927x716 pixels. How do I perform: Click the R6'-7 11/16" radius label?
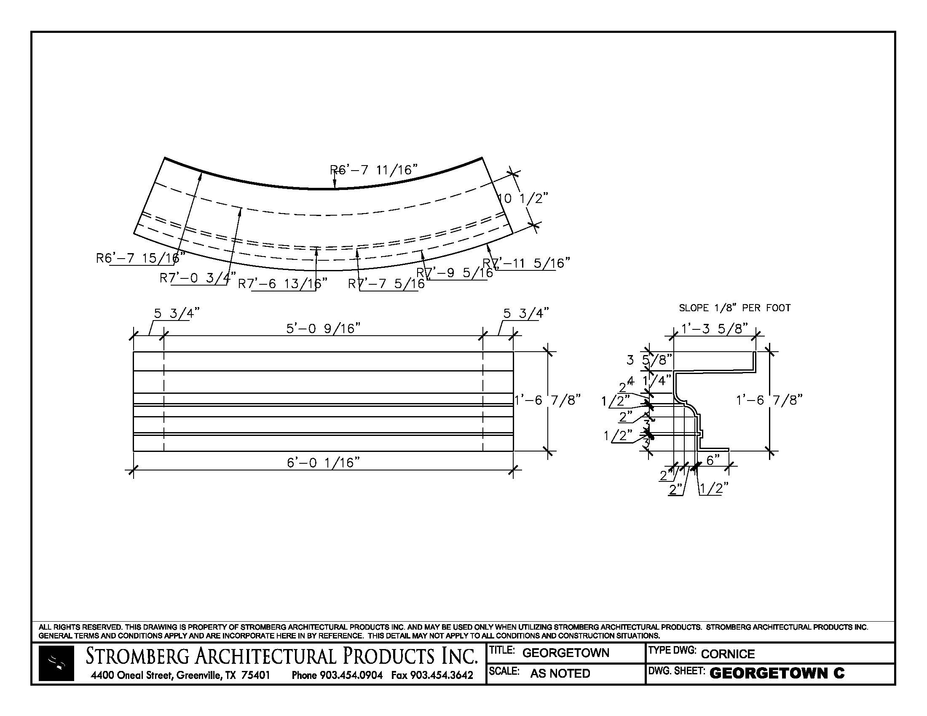(373, 170)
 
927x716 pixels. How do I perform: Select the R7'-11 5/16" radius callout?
(526, 263)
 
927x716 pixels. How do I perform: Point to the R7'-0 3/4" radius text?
(198, 278)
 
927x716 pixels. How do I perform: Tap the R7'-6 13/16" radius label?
(283, 283)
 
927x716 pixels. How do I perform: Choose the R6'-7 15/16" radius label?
(140, 258)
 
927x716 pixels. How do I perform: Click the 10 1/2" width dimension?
(522, 198)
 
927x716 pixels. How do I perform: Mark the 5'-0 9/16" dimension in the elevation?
(324, 329)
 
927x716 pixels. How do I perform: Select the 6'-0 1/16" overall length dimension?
(324, 462)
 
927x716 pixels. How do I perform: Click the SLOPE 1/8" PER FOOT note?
(735, 308)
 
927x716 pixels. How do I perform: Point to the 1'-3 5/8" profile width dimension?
(714, 329)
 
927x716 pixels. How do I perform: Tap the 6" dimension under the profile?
(713, 460)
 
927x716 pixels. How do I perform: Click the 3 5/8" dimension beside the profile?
(649, 360)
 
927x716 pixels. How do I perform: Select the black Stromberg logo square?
(56, 663)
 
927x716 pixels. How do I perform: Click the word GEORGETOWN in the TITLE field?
(565, 653)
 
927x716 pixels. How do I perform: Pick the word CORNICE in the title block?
(728, 654)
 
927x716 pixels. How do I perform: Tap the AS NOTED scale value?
(560, 673)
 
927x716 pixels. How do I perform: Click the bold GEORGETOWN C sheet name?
(777, 673)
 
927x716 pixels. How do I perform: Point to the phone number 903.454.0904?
(351, 675)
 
